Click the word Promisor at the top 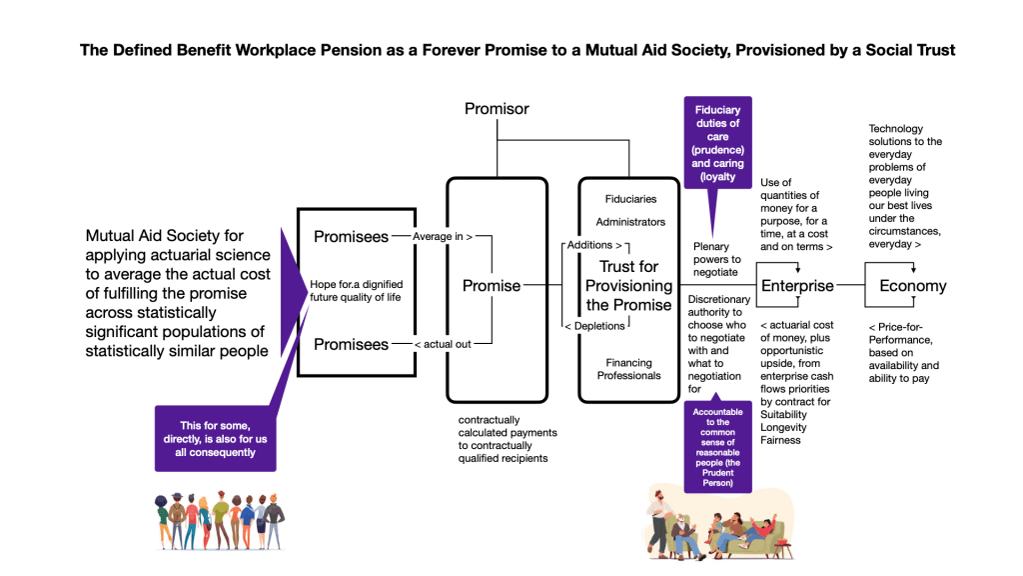pos(497,108)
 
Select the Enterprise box pos(797,286)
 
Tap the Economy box pos(912,286)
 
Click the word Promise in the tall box pos(492,286)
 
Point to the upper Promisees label pos(351,237)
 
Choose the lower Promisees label pos(351,344)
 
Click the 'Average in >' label pos(442,237)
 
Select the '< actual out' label pos(444,344)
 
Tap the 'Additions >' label pos(594,245)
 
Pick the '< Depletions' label pos(594,326)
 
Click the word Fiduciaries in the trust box pos(629,200)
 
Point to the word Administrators pos(629,222)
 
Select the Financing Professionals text pos(629,369)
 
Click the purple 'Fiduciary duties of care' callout pos(717,143)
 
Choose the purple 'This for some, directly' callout pos(215,438)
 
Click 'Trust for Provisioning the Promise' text pos(629,286)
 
